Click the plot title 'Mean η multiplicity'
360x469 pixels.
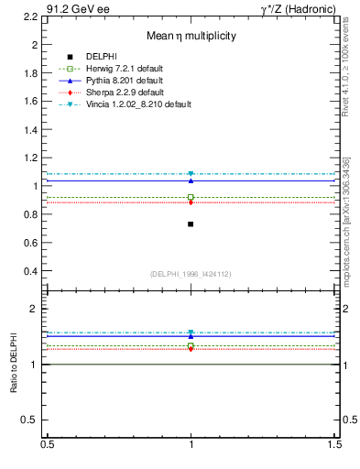tap(191, 36)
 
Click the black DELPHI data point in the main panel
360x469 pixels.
tap(191, 224)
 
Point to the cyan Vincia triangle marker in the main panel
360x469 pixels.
tap(191, 174)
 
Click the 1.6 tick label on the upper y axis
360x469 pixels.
tap(30, 101)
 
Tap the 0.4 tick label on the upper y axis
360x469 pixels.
tap(30, 271)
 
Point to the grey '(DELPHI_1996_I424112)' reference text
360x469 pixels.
tap(191, 274)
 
